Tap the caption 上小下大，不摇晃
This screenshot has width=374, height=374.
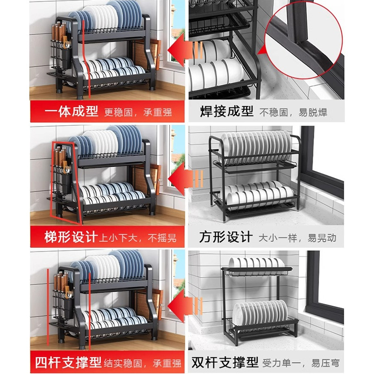click(138, 237)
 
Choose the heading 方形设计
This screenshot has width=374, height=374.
click(225, 237)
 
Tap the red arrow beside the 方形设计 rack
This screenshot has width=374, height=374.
click(183, 179)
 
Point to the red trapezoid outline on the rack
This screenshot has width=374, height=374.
click(65, 180)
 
